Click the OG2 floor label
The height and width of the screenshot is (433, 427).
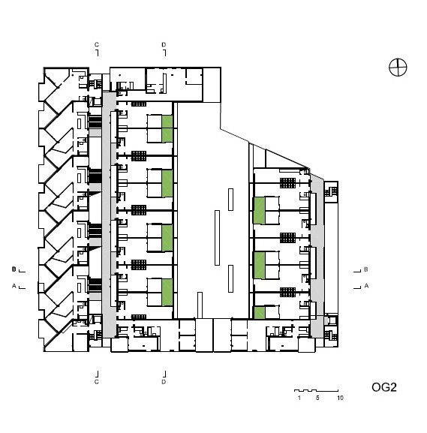click(x=384, y=387)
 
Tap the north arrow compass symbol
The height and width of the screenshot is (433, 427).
click(x=398, y=67)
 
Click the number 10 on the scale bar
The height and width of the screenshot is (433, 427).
click(x=340, y=398)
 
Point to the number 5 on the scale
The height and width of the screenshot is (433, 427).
click(x=317, y=398)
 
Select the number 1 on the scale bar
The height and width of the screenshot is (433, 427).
click(x=299, y=398)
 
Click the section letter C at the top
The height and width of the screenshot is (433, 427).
click(x=96, y=44)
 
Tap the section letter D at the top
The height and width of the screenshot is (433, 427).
click(x=164, y=44)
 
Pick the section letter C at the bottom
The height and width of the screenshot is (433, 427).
click(x=96, y=382)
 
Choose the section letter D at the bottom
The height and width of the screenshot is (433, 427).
click(x=164, y=382)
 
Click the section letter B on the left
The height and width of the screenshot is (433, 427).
click(x=14, y=269)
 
